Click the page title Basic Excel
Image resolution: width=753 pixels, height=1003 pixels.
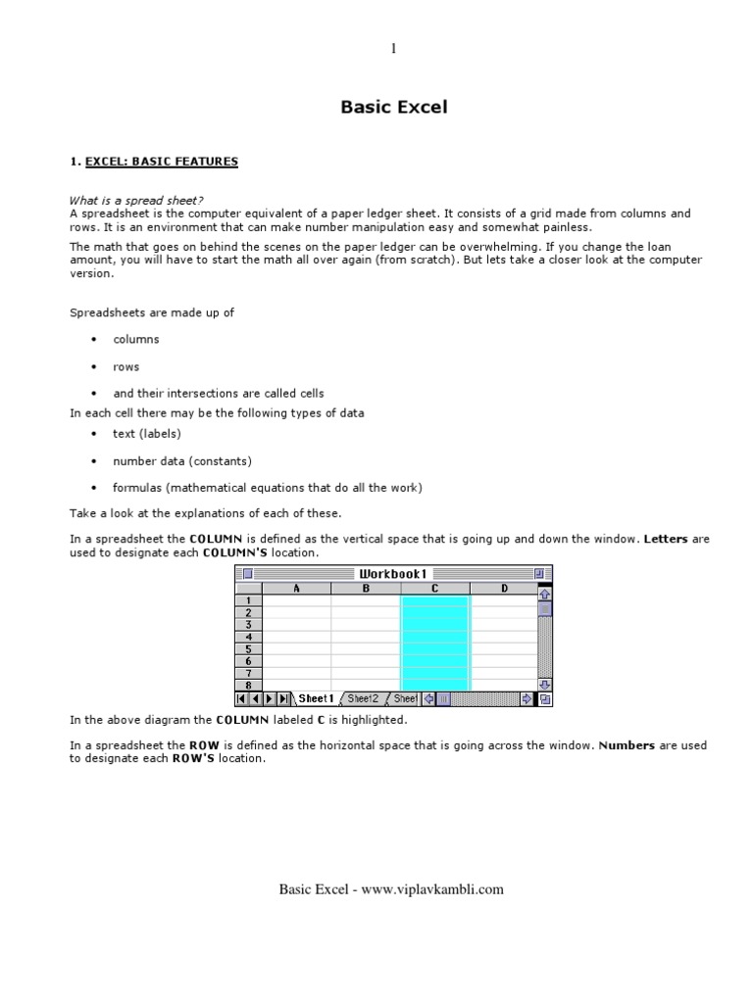[393, 107]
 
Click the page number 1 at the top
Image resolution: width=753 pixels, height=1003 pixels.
[393, 49]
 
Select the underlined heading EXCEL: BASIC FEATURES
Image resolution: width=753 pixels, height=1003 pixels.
[161, 162]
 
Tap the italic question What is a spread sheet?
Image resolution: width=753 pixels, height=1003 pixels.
[136, 200]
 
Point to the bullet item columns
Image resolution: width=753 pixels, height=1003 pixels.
[135, 339]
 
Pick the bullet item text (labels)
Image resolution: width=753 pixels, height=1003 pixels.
[146, 433]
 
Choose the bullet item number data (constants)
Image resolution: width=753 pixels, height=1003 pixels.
[181, 460]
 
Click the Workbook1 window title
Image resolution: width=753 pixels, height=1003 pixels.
[393, 573]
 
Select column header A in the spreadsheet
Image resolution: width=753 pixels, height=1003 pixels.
[297, 588]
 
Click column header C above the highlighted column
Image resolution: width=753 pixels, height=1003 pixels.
[435, 588]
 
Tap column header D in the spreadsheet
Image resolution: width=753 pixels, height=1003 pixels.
[504, 588]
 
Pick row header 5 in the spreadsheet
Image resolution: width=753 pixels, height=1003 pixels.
[249, 648]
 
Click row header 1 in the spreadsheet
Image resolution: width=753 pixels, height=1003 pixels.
[249, 600]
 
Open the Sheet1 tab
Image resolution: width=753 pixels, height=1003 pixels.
[316, 698]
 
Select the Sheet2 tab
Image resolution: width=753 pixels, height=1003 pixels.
[363, 698]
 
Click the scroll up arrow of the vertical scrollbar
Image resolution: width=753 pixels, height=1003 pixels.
[545, 594]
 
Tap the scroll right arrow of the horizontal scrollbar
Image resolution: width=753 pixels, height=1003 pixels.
[527, 698]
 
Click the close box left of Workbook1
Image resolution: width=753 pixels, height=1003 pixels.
[247, 573]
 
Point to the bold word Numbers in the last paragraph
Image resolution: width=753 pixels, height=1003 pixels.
[627, 745]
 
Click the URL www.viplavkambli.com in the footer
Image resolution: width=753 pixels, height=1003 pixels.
[432, 889]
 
